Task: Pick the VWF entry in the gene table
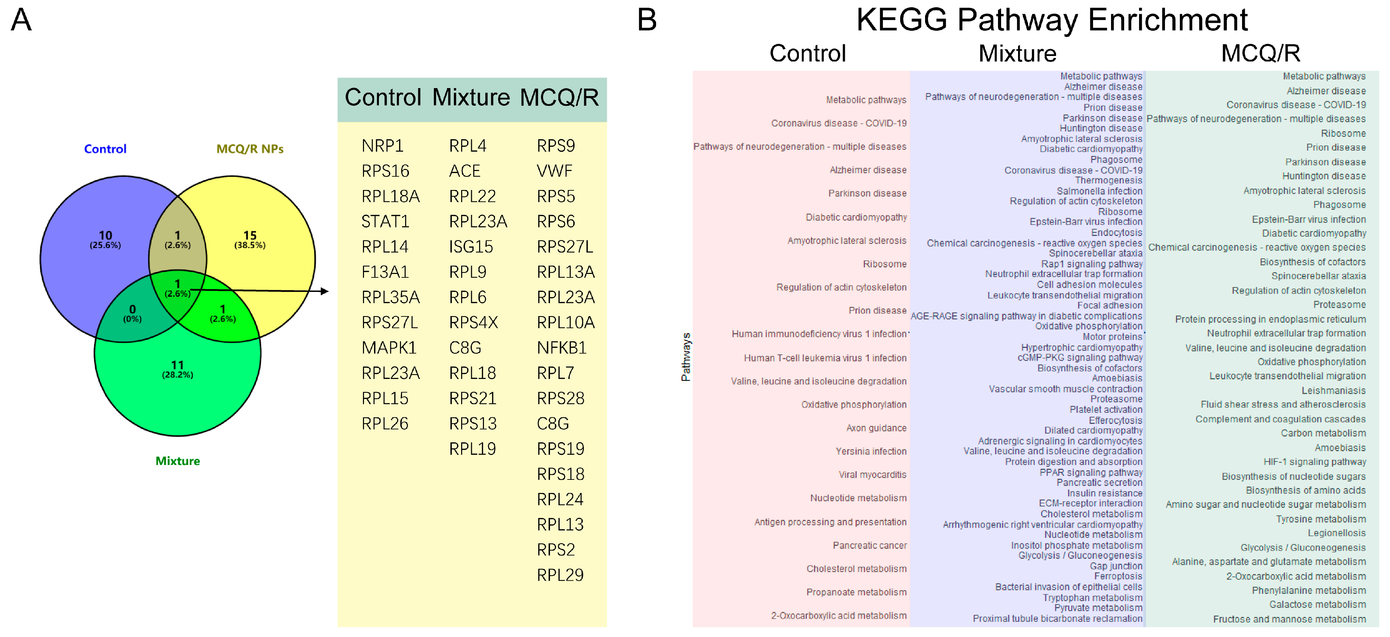pos(554,171)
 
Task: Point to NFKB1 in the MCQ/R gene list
pos(561,348)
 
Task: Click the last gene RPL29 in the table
pos(560,575)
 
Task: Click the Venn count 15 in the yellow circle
pos(250,236)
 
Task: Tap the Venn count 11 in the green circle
pos(178,365)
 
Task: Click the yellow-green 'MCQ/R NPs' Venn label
pos(250,149)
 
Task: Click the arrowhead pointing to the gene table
pos(324,291)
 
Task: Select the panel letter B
pos(647,20)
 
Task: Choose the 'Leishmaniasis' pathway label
pos(1333,390)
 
